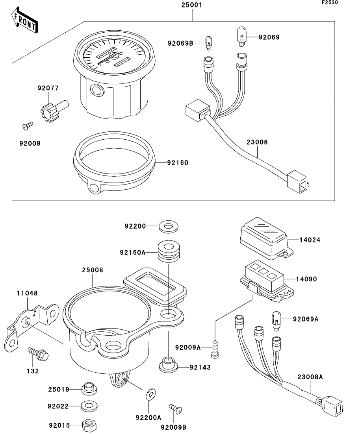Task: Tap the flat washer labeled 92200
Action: pyautogui.click(x=168, y=227)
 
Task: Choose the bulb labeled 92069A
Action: pyautogui.click(x=277, y=319)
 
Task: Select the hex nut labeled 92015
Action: pyautogui.click(x=90, y=425)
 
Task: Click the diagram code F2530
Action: pyautogui.click(x=330, y=3)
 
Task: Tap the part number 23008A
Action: pyautogui.click(x=310, y=377)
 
